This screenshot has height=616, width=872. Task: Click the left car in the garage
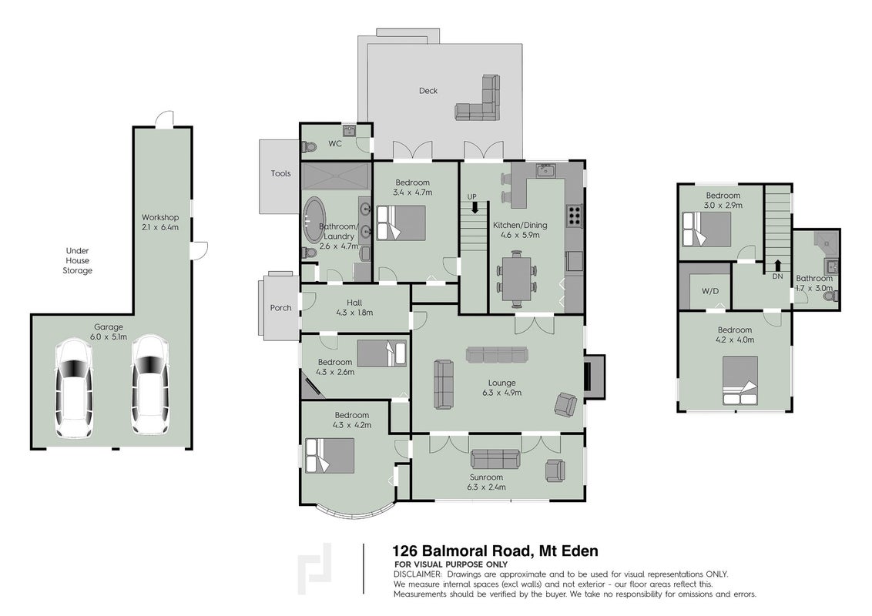click(73, 388)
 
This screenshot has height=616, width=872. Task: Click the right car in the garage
click(149, 384)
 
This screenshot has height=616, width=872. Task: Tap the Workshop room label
click(160, 217)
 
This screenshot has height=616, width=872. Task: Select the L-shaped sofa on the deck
click(480, 102)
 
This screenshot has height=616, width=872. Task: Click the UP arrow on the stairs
click(475, 207)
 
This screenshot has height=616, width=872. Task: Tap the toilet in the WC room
click(309, 147)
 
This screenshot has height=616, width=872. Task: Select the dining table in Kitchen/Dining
click(517, 279)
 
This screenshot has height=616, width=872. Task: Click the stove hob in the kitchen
click(573, 215)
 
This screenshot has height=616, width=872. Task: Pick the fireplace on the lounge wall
click(593, 377)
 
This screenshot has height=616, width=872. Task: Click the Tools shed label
click(281, 173)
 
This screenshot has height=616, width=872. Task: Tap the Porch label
click(281, 307)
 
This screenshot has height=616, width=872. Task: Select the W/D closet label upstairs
click(710, 291)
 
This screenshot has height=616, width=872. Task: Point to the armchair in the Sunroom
click(555, 470)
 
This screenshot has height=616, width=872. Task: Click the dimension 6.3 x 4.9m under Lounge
click(501, 393)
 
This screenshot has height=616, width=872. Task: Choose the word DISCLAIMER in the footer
click(418, 574)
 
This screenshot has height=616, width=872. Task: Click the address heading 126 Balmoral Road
click(461, 551)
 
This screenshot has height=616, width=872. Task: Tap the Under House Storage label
click(77, 260)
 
